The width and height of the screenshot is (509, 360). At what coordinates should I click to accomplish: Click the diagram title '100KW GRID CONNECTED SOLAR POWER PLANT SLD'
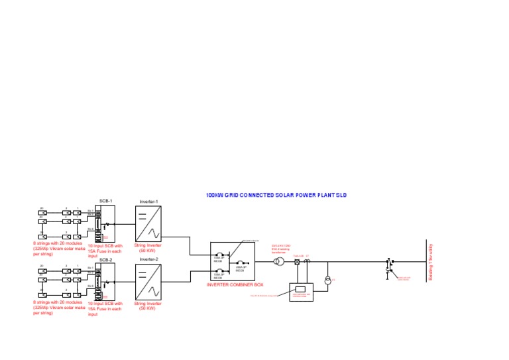[276, 196]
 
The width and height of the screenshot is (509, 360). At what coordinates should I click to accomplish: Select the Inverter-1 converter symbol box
[148, 224]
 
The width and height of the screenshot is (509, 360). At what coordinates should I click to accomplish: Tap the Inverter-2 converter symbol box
[148, 282]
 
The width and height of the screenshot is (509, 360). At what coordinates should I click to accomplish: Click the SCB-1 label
[106, 201]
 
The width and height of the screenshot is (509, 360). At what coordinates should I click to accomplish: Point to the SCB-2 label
[106, 261]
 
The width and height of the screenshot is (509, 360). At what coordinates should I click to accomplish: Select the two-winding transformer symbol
[280, 262]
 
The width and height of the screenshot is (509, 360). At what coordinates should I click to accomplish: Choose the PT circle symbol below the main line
[327, 281]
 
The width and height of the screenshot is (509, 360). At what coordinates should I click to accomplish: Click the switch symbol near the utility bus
[389, 265]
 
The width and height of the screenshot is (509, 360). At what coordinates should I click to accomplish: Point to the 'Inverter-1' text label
[148, 201]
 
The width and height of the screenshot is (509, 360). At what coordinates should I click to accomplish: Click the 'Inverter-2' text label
[148, 259]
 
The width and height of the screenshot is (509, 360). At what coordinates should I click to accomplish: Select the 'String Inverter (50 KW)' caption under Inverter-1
[148, 248]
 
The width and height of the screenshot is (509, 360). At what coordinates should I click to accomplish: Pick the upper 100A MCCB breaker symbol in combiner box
[222, 255]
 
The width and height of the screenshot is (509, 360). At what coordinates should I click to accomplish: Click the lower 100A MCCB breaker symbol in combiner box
[222, 270]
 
